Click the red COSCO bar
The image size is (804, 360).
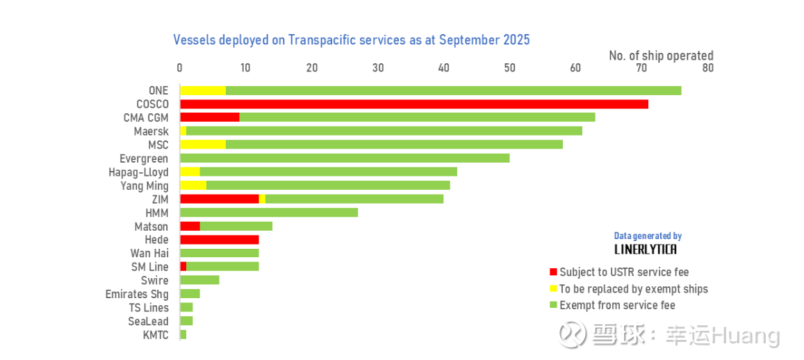point(413,104)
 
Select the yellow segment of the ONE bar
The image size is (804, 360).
point(203,90)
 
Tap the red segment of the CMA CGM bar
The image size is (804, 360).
point(209,117)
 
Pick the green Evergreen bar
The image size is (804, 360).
point(344,158)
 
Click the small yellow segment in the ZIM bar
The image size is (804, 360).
point(262,199)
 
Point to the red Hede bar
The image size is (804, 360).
point(219,240)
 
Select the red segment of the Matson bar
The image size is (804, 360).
point(190,226)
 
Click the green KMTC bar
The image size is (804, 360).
point(183,335)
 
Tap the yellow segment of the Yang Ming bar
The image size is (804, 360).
point(193,186)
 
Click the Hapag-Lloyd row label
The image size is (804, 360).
point(138,172)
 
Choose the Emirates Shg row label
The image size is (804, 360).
point(137,294)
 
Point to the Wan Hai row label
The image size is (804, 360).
point(149,253)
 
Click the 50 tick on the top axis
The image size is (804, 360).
point(509,68)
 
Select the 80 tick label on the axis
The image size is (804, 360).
point(707,68)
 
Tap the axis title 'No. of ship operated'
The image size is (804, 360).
point(661,56)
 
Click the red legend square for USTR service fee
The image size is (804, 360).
point(553,272)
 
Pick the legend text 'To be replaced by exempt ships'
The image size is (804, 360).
point(634,289)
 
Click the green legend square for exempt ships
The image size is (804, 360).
point(553,306)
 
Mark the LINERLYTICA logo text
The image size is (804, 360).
point(646,249)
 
